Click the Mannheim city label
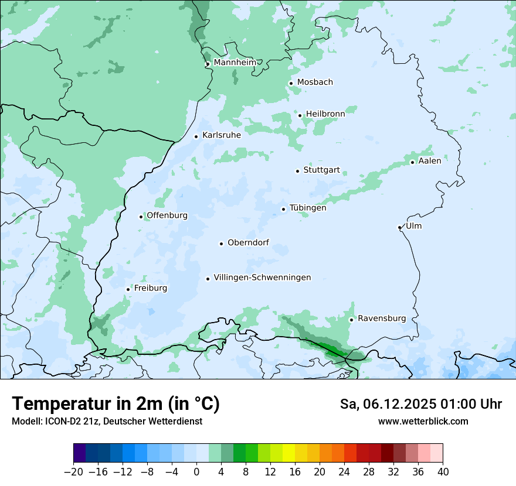235,62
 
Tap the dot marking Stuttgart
297,171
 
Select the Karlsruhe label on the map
221,135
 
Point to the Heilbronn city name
325,114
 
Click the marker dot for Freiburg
128,289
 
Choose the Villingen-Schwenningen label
262,278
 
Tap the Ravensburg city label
382,319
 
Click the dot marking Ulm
399,227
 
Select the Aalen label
430,160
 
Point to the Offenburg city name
167,215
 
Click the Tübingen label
308,208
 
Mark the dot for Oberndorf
221,244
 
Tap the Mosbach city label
315,82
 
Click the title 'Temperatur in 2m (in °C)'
116,404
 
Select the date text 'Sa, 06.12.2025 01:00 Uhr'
420,404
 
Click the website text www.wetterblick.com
423,421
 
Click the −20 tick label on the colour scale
73,472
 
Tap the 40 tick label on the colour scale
443,472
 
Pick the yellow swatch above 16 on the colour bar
288,453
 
